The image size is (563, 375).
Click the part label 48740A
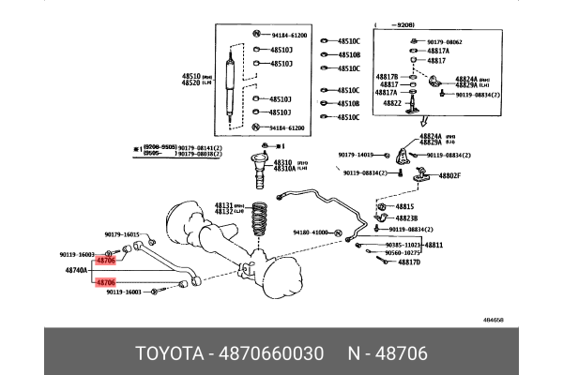[76, 269]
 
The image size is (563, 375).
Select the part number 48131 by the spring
[222, 205]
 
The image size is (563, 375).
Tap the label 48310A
[285, 169]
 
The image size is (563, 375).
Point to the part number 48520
[191, 83]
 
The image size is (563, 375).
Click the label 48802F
[446, 175]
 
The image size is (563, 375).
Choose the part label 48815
[404, 206]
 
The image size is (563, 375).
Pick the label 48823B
[406, 217]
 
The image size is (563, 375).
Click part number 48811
[434, 245]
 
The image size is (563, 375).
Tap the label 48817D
[407, 262]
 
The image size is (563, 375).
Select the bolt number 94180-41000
[311, 232]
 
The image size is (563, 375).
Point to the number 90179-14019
[355, 155]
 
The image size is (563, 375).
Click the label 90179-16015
[121, 234]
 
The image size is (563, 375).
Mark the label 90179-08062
[445, 42]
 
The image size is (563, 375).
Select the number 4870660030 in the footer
[273, 353]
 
